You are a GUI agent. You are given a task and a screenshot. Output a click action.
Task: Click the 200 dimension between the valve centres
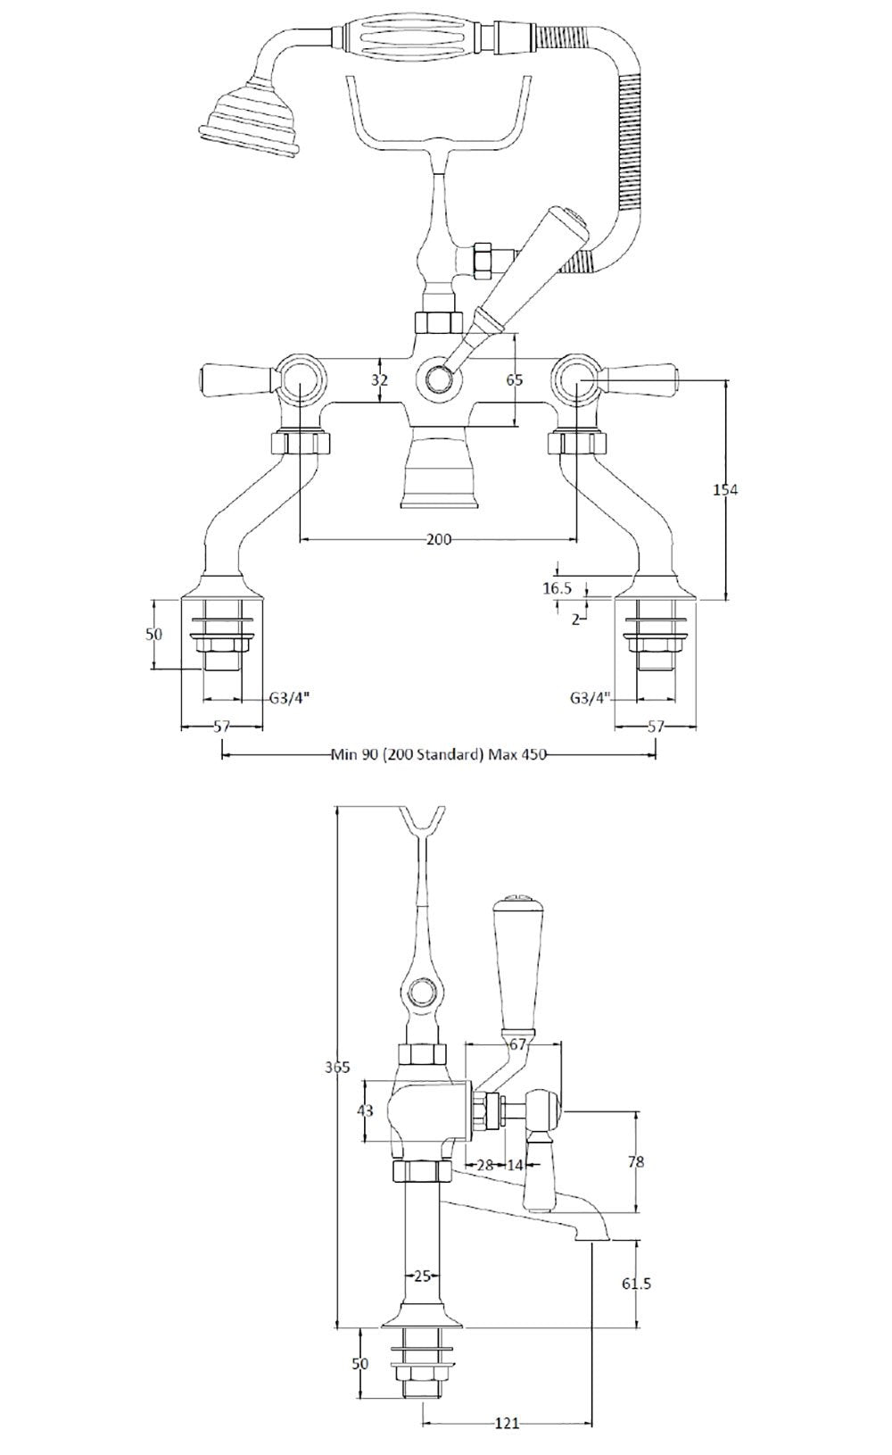[438, 539]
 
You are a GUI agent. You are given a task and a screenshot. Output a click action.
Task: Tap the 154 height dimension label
[726, 489]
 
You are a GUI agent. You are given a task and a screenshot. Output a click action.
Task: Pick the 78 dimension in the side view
[635, 1161]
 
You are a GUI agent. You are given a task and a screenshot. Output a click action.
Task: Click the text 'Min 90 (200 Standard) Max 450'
[438, 754]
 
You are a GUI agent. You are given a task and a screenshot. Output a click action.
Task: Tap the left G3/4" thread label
[287, 699]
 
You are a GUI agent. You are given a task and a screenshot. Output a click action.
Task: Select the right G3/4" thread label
[590, 698]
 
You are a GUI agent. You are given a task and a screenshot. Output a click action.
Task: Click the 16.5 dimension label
[556, 587]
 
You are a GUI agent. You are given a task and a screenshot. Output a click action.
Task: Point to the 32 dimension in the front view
[381, 379]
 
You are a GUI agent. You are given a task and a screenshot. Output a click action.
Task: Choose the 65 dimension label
[515, 379]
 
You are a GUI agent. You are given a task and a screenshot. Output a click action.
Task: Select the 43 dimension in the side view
[365, 1110]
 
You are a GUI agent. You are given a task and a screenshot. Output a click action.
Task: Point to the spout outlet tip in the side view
[591, 1236]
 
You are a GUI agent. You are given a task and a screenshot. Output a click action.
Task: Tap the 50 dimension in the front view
[153, 635]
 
